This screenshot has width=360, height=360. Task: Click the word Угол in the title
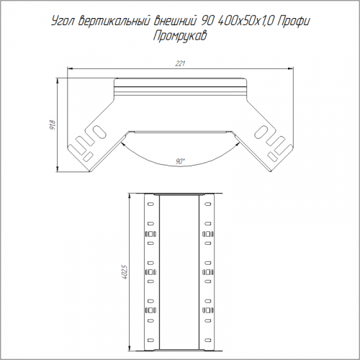[63, 22]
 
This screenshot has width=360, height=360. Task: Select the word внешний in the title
[175, 21]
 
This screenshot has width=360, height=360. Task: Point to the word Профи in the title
[293, 22]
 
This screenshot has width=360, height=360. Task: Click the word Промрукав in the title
[180, 37]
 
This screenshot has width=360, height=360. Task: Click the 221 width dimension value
[180, 63]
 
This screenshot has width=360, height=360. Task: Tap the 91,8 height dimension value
[53, 125]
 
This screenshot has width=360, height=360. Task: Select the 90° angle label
[180, 161]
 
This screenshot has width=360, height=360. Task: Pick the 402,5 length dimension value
[125, 271]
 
